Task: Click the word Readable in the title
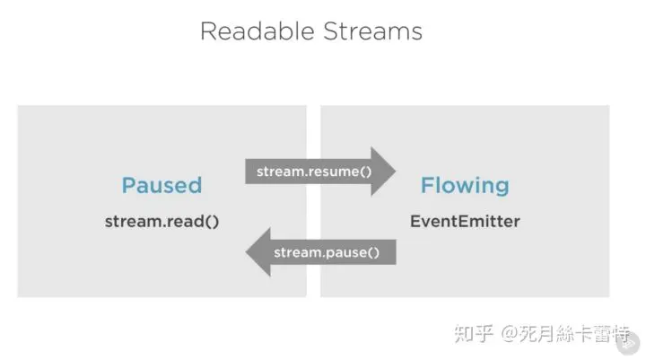coord(258,31)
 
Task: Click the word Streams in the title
coord(373,31)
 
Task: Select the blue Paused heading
coord(161,185)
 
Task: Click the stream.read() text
coord(161,222)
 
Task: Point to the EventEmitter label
coord(465,222)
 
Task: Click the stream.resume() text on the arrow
coord(314,171)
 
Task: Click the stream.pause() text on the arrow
coord(327,252)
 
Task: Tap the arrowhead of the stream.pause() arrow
coord(258,252)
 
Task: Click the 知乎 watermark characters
coord(474,334)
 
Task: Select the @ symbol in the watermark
coord(510,334)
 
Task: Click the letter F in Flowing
coord(427,185)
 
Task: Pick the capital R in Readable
coord(209,31)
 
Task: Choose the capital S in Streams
coord(331,31)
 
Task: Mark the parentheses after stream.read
coord(212,222)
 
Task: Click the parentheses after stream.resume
coord(366,172)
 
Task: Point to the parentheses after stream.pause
coord(373,253)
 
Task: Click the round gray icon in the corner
coord(628,342)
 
